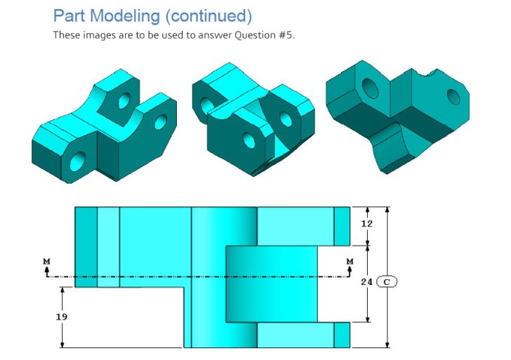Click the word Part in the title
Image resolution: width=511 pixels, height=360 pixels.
click(x=69, y=15)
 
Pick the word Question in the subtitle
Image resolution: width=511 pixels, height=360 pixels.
click(x=246, y=35)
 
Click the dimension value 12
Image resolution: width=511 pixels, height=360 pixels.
click(x=366, y=224)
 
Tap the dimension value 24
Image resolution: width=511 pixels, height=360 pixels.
click(x=366, y=282)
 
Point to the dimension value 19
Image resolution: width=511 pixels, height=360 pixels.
click(x=62, y=317)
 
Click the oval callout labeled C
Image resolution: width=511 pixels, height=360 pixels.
click(x=387, y=282)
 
